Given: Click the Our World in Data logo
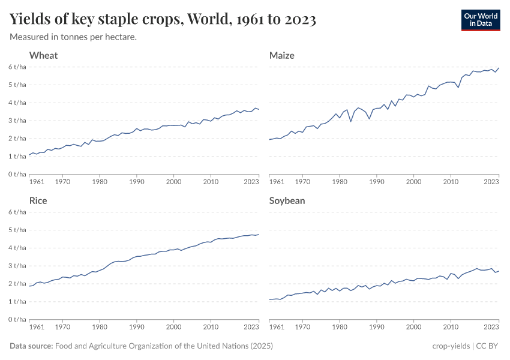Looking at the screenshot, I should [x=480, y=20].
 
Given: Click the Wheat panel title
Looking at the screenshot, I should [x=44, y=55].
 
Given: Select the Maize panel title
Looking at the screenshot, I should [x=282, y=55].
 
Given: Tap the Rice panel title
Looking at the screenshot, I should [x=38, y=200].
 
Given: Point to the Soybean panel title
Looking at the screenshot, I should [x=287, y=200].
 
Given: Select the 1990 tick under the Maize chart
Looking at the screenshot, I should [x=377, y=181].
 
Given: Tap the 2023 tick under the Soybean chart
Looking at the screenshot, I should [x=491, y=326].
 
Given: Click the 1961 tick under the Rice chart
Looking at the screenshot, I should [x=37, y=326].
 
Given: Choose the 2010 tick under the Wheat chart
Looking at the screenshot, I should [x=211, y=181].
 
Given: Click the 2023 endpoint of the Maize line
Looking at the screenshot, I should [x=499, y=68].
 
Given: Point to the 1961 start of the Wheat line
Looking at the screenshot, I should [x=29, y=155].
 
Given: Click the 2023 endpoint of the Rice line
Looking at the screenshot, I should [x=259, y=235].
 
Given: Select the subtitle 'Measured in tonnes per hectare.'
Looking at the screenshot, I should [x=73, y=37].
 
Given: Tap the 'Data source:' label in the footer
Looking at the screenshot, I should [x=31, y=346].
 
